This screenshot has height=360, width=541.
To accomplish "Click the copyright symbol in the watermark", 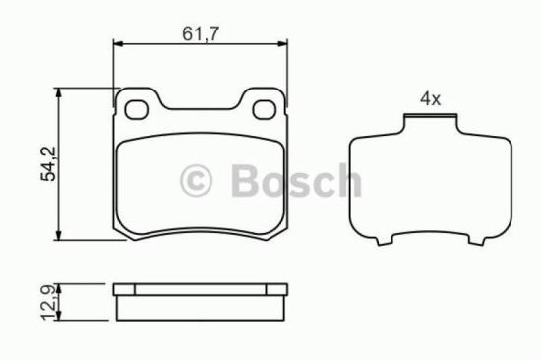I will [196, 181].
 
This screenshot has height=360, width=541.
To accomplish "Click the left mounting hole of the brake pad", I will [139, 108].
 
